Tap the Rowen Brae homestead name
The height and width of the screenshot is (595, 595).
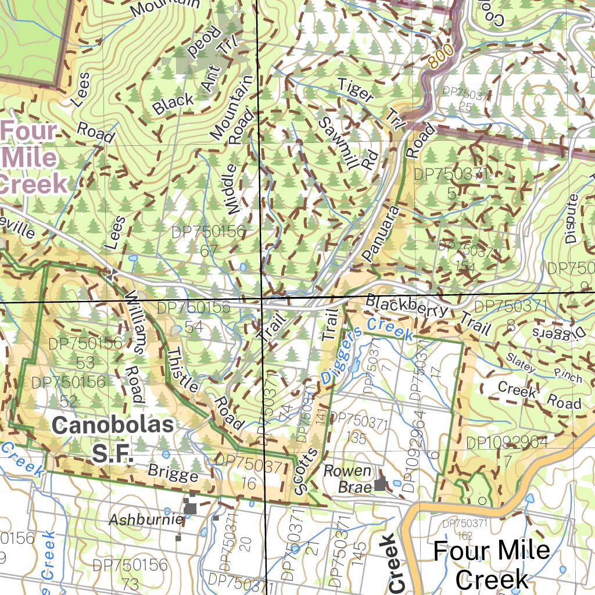[x=347, y=478]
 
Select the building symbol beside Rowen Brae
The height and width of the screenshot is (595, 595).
[x=380, y=482]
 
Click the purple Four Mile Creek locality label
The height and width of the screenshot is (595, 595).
[x=32, y=157]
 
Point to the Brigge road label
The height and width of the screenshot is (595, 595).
[x=173, y=473]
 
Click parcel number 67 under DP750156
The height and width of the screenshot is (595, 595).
[x=209, y=251]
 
